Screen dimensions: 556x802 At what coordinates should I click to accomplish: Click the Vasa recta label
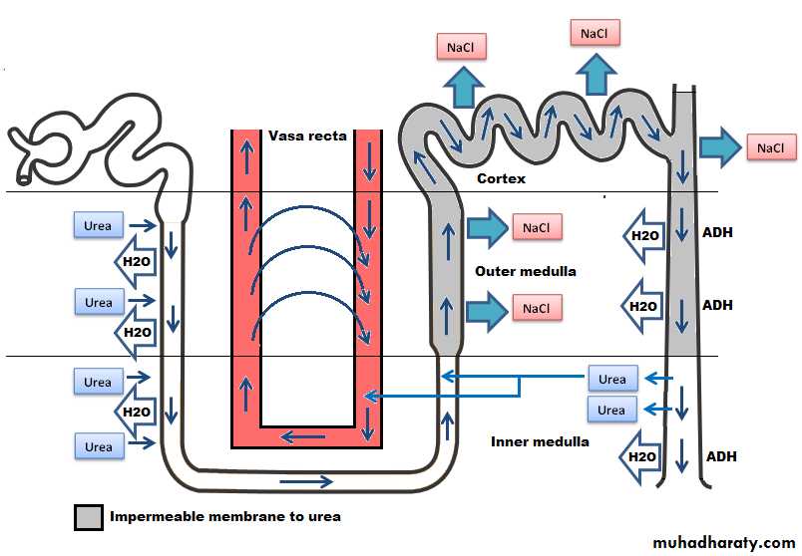tap(306, 136)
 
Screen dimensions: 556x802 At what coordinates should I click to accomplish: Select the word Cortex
tap(501, 178)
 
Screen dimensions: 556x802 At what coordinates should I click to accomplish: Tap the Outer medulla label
tap(525, 271)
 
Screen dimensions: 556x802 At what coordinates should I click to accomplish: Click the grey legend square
tap(89, 517)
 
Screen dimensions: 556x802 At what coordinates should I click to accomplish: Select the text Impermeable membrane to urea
tap(224, 517)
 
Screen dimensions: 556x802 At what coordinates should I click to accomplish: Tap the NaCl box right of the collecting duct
tap(771, 148)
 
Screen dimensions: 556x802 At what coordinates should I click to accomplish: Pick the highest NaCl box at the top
tap(595, 33)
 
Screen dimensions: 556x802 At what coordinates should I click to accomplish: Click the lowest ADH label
tap(721, 456)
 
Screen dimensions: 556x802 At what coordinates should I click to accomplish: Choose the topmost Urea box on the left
tap(99, 224)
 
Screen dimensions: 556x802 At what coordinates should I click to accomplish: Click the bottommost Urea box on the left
tap(98, 447)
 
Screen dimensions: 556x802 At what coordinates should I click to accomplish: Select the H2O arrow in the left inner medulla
tap(135, 411)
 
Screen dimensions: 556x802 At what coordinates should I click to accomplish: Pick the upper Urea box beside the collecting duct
tap(612, 380)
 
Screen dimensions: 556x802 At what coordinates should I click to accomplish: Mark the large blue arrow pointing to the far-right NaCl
tap(717, 148)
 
